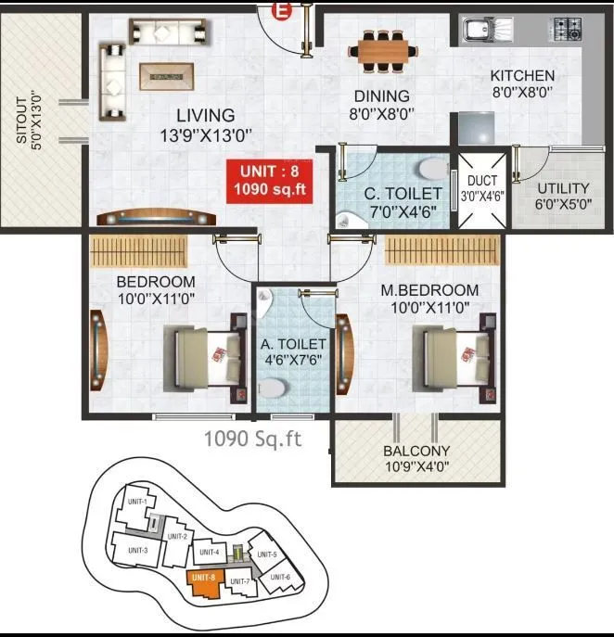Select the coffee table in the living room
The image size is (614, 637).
168,74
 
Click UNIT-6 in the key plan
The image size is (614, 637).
281,577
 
